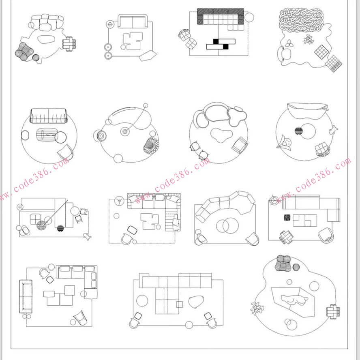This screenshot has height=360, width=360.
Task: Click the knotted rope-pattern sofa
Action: click(301, 21)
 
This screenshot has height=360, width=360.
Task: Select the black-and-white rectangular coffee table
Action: click(221, 44)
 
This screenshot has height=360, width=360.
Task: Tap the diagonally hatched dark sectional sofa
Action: click(221, 17)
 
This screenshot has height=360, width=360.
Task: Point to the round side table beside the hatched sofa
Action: click(249, 17)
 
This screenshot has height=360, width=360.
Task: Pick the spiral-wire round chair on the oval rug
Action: click(151, 146)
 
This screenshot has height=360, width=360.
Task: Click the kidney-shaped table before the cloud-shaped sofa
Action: click(222, 135)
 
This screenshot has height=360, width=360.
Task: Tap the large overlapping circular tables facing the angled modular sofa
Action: click(227, 226)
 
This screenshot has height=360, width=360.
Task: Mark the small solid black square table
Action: click(287, 217)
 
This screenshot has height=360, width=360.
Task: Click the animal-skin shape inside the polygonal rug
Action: click(294, 300)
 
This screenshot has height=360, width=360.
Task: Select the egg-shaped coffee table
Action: click(196, 302)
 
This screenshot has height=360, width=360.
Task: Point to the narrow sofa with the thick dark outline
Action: click(26, 296)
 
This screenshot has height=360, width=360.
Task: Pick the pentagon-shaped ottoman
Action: click(148, 56)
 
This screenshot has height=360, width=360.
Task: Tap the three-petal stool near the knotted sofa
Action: click(289, 43)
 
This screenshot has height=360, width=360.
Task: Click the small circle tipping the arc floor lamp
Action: click(146, 106)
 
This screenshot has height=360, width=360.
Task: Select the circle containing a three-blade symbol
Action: click(119, 201)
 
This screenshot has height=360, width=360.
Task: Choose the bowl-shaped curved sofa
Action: click(307, 110)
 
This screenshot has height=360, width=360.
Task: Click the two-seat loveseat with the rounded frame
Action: click(133, 21)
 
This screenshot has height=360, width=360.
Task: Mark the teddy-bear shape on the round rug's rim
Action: click(333, 130)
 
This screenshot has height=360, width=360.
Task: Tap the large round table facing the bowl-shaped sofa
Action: click(308, 132)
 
